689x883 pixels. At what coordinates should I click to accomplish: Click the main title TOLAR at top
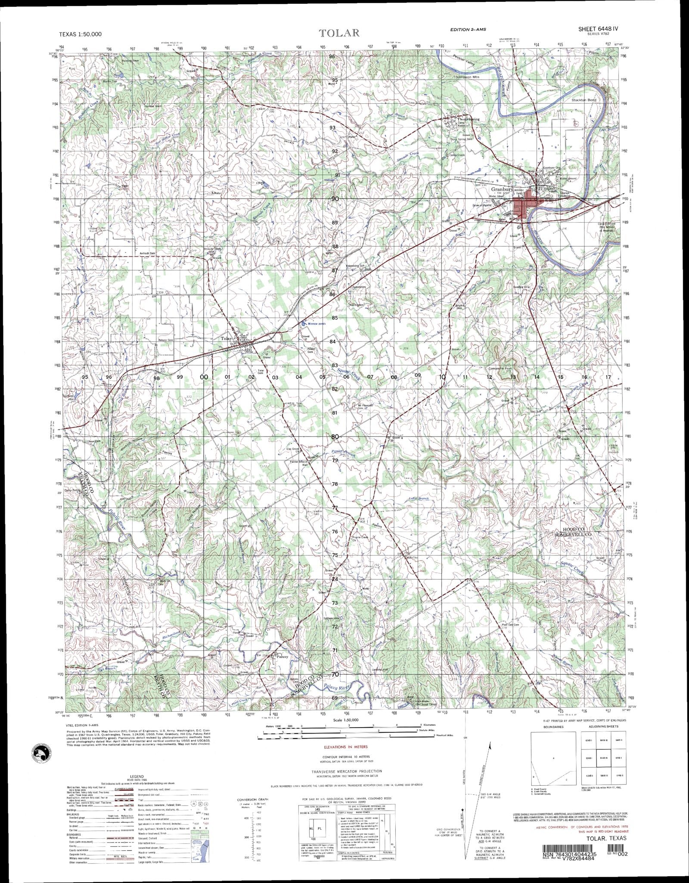[339, 33]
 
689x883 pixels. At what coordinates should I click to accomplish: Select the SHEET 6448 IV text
[598, 29]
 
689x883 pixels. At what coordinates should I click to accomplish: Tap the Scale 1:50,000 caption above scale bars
[346, 720]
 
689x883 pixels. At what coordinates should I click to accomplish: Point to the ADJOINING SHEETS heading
[600, 727]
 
